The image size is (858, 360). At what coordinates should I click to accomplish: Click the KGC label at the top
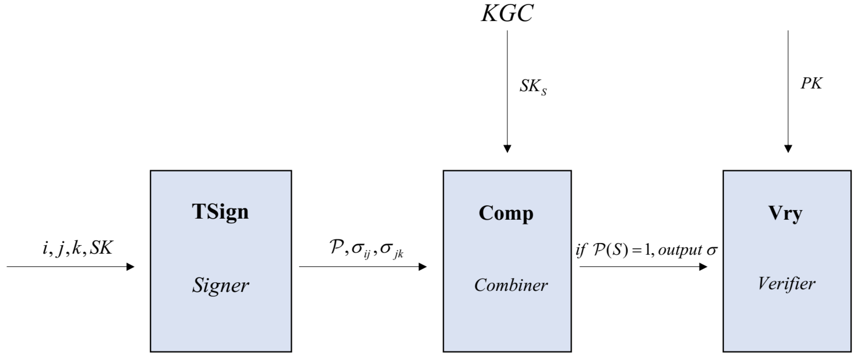click(507, 14)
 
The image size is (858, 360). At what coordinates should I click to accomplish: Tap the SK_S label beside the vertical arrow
click(533, 87)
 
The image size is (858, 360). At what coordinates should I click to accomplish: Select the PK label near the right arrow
click(811, 83)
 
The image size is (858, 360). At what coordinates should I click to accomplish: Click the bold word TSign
click(220, 212)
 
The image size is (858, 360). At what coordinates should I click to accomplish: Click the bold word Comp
click(506, 213)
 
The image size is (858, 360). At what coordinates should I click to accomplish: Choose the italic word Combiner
click(511, 285)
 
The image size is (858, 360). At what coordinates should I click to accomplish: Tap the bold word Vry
click(785, 213)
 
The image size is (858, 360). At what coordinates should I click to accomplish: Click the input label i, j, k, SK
click(78, 248)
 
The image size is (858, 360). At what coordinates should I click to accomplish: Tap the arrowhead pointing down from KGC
click(507, 148)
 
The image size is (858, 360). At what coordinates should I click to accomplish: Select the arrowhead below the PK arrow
click(788, 148)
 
